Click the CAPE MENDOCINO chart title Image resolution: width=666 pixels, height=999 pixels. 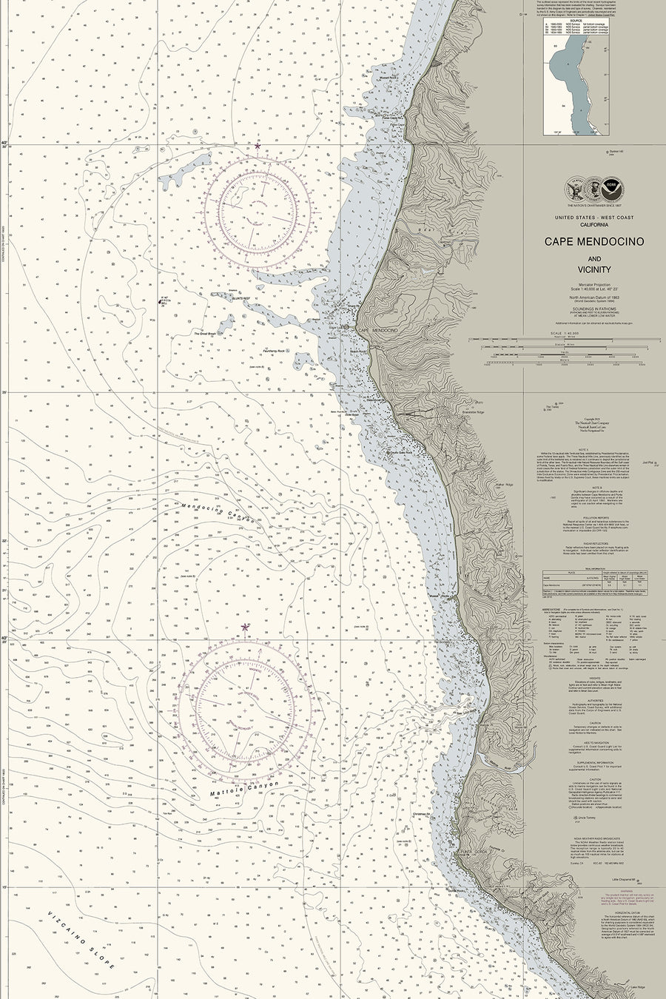[x=594, y=242]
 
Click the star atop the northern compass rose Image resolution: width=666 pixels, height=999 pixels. [x=257, y=147]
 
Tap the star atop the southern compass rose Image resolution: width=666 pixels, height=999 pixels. [x=245, y=627]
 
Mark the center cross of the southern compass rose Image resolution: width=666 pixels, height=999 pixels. [x=245, y=709]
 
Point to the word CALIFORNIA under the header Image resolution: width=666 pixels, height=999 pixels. [x=594, y=224]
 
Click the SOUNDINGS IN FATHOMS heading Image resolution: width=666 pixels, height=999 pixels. [x=594, y=308]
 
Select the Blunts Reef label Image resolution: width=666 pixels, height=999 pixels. [x=243, y=298]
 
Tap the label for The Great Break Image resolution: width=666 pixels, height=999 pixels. [x=205, y=334]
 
